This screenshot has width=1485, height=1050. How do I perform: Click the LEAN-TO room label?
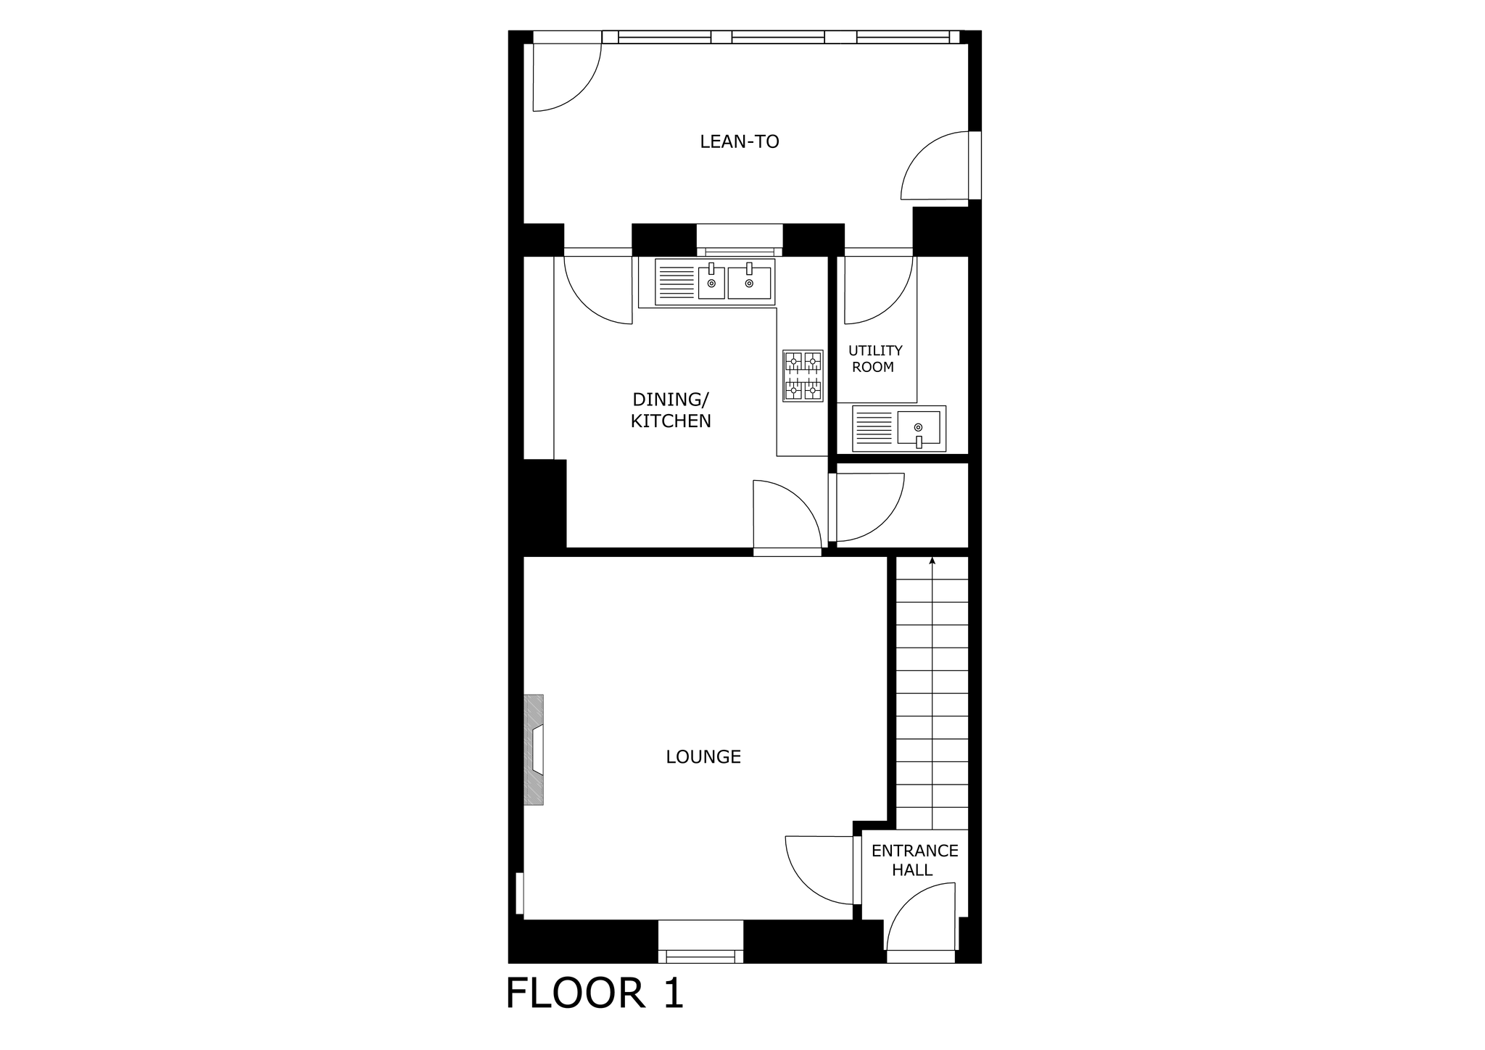click(739, 141)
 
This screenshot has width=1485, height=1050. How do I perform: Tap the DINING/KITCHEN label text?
click(671, 410)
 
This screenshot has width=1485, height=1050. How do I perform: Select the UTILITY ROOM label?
click(875, 359)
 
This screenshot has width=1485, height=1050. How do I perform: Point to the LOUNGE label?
click(703, 757)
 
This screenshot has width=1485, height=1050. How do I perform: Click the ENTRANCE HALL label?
click(914, 860)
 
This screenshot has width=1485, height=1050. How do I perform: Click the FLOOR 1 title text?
click(595, 993)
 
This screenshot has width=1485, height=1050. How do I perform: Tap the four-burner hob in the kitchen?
click(803, 376)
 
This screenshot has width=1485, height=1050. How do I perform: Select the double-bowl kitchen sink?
click(714, 281)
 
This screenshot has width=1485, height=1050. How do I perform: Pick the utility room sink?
click(899, 429)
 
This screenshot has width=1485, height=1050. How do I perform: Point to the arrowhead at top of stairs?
click(932, 561)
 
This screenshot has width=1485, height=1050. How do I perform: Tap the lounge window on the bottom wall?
click(700, 941)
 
